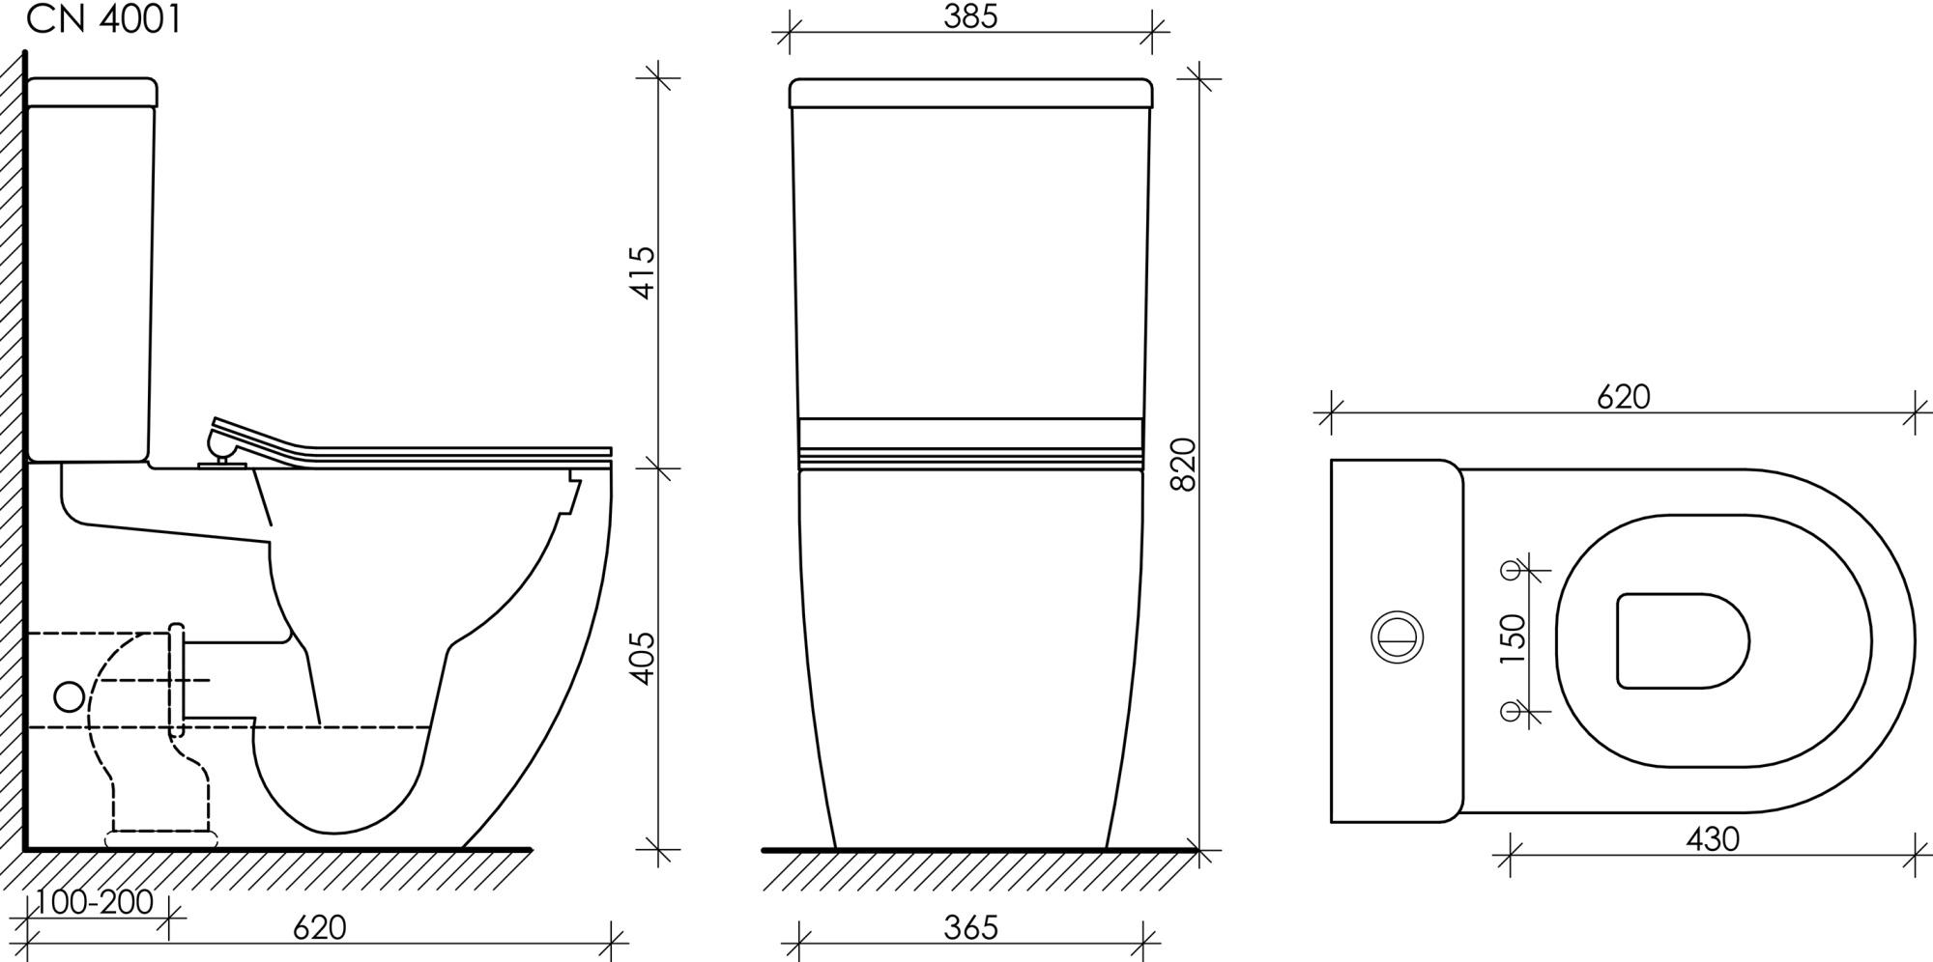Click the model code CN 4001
click(103, 19)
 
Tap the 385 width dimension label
click(970, 16)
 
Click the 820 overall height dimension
click(1184, 464)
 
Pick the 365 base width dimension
click(970, 928)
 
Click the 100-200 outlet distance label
click(95, 902)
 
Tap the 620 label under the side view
click(320, 928)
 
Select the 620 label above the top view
click(1624, 397)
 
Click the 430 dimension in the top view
click(1714, 839)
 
